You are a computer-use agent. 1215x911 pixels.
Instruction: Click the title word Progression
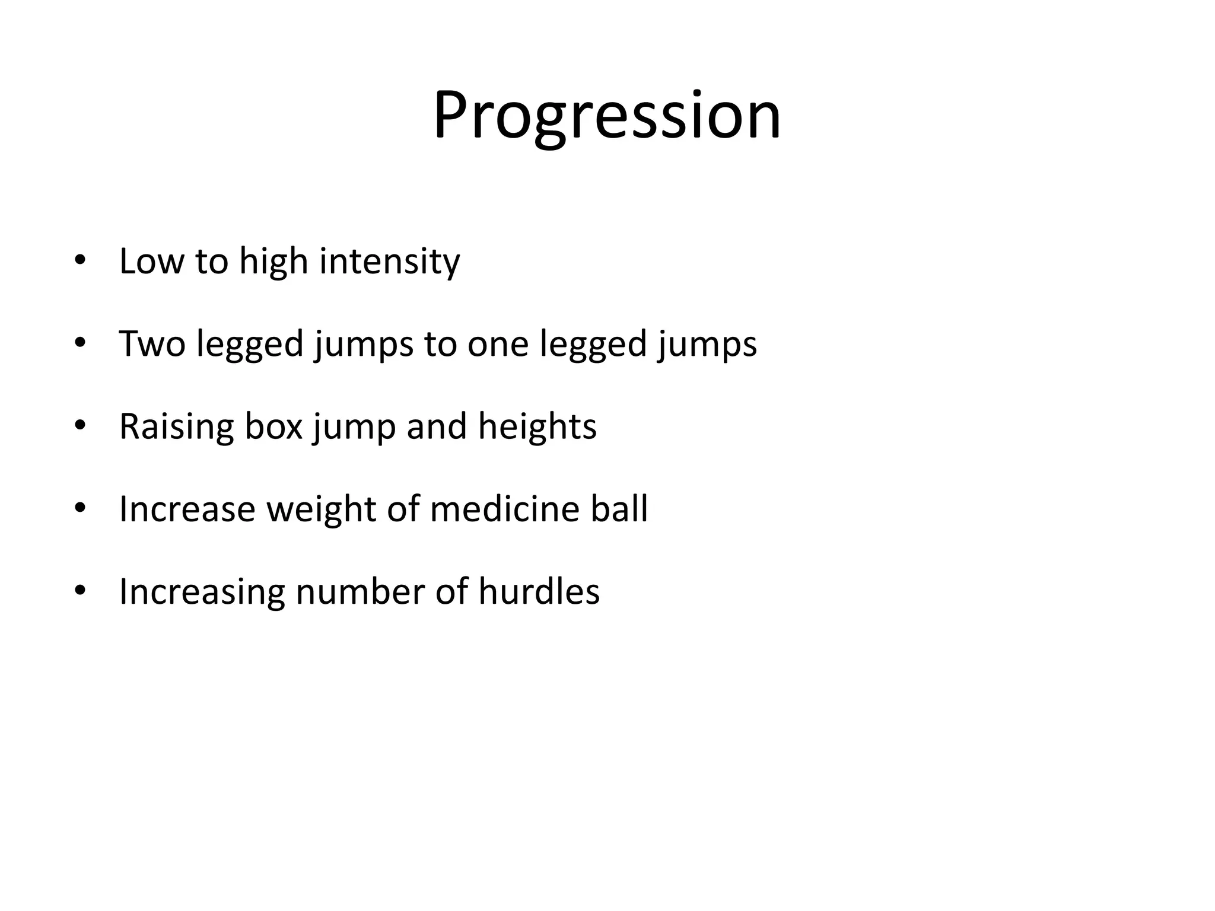click(607, 116)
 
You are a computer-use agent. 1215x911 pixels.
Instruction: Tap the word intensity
click(389, 261)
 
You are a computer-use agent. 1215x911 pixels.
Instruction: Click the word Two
click(152, 343)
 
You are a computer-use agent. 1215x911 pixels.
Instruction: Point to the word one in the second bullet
click(497, 345)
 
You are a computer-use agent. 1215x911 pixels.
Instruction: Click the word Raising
click(176, 426)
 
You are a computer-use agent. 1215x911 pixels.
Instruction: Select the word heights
click(537, 426)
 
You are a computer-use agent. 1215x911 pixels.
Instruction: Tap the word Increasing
click(202, 592)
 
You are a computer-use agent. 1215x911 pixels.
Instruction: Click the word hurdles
click(539, 592)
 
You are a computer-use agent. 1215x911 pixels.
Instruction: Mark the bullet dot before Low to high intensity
click(81, 261)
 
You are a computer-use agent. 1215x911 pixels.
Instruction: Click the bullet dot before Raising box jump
click(81, 426)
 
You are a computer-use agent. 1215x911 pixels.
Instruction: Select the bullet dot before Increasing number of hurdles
click(81, 591)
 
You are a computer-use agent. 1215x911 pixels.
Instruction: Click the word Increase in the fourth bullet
click(187, 509)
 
